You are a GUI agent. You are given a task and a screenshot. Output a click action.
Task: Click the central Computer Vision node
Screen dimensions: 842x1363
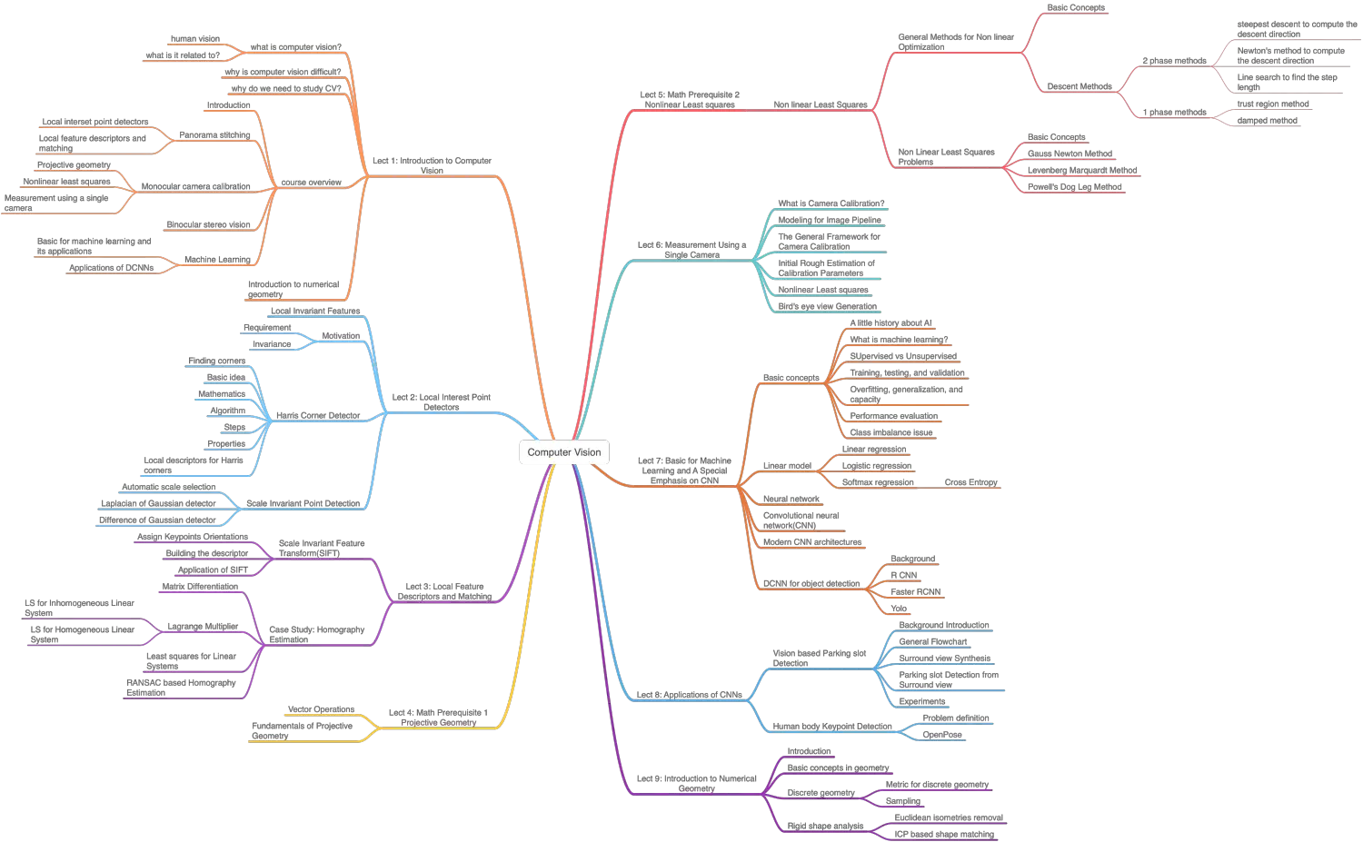[563, 451]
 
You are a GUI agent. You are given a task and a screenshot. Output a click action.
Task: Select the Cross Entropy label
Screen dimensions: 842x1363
[970, 482]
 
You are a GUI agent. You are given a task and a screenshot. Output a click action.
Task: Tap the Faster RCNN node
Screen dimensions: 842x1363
[916, 592]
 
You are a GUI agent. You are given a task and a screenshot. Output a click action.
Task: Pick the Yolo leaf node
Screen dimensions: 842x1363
[899, 609]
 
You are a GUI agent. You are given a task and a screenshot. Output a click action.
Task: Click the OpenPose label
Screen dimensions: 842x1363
[942, 735]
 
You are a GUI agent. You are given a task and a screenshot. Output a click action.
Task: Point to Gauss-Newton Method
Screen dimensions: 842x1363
[1070, 154]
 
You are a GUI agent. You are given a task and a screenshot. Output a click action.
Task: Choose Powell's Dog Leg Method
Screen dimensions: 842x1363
[1074, 187]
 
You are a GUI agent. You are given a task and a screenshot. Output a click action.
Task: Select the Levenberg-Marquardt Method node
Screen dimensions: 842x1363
[1082, 171]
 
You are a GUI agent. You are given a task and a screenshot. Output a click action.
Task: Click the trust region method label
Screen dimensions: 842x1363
[1272, 104]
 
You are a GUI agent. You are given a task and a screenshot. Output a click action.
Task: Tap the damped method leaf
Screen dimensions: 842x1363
[1267, 121]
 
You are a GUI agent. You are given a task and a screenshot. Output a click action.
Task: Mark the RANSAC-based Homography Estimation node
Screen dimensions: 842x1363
[182, 688]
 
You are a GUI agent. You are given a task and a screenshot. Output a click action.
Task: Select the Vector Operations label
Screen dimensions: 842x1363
[320, 709]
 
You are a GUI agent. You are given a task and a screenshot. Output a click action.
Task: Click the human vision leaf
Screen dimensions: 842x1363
[194, 39]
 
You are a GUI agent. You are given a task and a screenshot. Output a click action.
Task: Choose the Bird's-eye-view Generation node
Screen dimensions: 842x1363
[828, 306]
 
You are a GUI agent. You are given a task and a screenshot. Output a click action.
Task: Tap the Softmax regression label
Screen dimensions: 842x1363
[879, 482]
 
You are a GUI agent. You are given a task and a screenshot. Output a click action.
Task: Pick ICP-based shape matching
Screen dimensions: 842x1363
[944, 834]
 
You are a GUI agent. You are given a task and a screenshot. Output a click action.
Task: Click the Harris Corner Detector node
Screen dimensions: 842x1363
[318, 416]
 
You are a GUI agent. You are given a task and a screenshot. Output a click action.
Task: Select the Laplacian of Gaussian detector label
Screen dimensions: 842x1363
[158, 503]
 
